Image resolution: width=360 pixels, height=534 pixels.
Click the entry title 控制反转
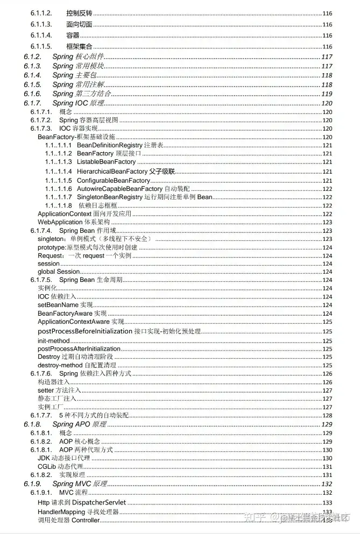click(x=79, y=12)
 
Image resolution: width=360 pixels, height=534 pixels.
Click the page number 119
click(x=327, y=94)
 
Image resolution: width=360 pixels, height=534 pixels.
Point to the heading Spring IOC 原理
click(x=79, y=103)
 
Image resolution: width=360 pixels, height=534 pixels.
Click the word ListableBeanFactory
click(x=107, y=162)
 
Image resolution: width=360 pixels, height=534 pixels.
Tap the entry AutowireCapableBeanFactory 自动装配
click(x=133, y=189)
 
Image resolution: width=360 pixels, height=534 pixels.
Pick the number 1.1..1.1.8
click(x=58, y=205)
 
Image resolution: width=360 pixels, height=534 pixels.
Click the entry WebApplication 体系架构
click(x=74, y=222)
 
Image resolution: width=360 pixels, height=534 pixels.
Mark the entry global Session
click(x=59, y=272)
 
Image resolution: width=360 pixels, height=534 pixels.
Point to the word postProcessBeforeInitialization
click(x=85, y=331)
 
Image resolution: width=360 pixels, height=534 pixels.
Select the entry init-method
click(x=54, y=341)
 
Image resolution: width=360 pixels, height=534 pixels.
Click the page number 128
click(x=327, y=416)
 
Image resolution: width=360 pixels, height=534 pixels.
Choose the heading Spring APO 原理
click(x=80, y=424)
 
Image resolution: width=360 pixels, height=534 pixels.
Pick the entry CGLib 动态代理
click(x=60, y=466)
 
